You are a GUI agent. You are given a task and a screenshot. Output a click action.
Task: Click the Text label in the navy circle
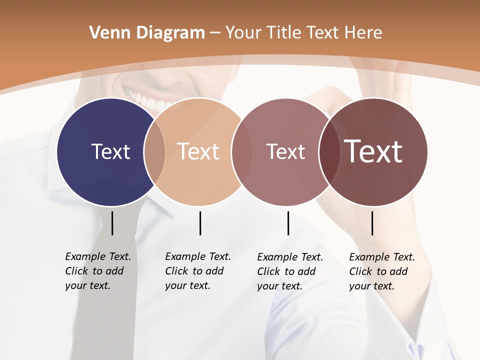coord(110,151)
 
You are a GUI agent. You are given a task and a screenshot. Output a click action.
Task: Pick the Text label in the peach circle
coord(198,151)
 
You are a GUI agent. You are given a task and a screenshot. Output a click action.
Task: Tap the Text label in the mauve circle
coord(285,151)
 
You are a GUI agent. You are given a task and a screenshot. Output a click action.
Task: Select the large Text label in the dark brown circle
coord(373,151)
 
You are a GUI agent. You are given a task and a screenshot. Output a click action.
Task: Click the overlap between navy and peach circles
coord(154,151)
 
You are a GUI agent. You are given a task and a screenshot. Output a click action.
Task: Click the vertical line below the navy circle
coord(112,223)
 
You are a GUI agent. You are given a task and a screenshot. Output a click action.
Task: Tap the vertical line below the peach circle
coord(200,223)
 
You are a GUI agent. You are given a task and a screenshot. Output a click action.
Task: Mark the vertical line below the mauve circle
coord(288,223)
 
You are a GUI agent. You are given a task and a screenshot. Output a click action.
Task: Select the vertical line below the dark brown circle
coord(372,223)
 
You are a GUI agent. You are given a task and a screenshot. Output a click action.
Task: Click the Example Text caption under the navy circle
coord(97,271)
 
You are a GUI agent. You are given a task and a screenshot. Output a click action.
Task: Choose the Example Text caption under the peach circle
coord(197,271)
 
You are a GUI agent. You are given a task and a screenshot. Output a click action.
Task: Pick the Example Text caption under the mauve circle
coord(289,271)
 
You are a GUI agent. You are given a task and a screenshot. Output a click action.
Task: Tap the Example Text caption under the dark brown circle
coord(381,271)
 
